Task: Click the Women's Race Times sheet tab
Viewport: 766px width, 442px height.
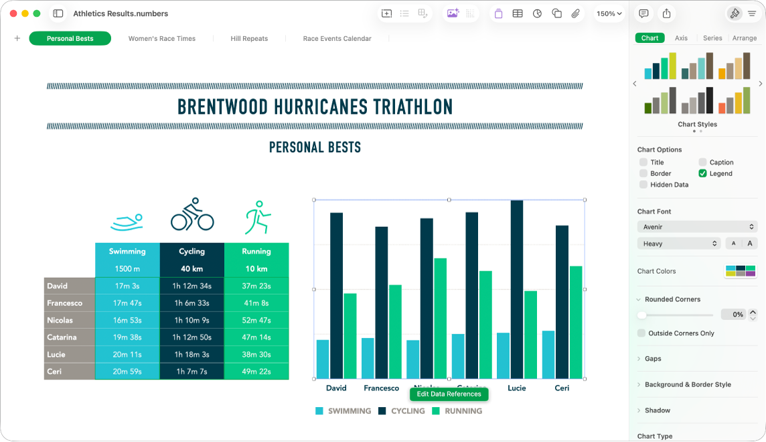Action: pos(162,39)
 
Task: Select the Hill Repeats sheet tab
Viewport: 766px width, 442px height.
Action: pos(249,39)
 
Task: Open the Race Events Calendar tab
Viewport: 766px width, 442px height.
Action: pos(337,39)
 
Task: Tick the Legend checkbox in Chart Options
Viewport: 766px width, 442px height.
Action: pos(702,173)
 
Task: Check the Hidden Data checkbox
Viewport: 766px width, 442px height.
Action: pos(643,185)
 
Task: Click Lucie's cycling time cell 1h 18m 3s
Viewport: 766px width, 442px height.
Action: pos(191,354)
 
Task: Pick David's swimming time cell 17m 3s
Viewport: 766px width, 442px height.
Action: pos(127,286)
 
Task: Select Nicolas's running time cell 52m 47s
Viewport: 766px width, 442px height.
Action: pos(256,320)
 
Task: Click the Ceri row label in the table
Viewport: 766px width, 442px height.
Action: pos(70,371)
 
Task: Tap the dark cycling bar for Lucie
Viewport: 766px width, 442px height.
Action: pos(516,288)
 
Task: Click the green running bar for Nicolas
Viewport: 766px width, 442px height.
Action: pos(440,318)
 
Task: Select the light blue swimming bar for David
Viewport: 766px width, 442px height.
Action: pos(323,358)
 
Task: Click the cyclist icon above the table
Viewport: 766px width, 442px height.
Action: pos(192,214)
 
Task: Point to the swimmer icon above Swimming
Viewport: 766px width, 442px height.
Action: pos(127,222)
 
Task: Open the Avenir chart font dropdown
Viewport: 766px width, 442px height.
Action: pos(697,227)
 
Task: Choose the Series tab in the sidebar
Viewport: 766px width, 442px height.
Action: pos(712,38)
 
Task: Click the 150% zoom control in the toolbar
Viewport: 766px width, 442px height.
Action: pos(609,13)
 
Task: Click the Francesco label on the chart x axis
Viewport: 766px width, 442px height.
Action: pos(381,388)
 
